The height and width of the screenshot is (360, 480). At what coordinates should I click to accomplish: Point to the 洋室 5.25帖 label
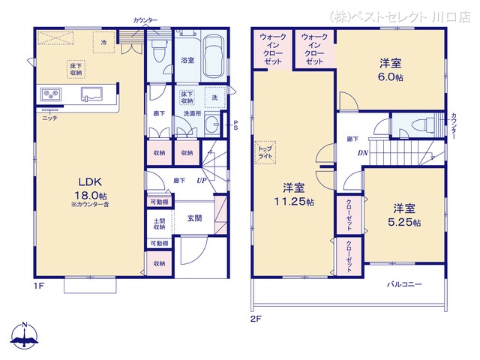404,214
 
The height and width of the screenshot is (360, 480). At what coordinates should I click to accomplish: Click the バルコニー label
404,284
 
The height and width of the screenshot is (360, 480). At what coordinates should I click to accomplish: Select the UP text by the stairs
202,181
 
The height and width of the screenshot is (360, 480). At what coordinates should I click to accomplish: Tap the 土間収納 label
158,223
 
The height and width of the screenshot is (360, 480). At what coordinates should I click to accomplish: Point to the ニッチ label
49,118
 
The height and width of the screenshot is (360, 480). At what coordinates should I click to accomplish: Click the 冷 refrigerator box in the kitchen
103,42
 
